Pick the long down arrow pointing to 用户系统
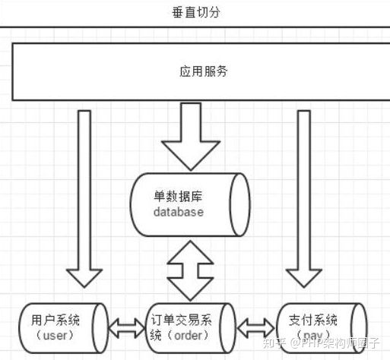click(84, 197)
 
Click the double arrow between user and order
click(127, 327)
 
